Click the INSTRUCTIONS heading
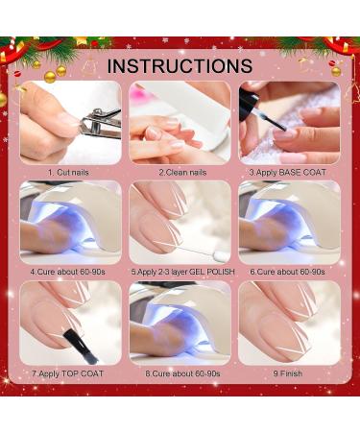(x=180, y=65)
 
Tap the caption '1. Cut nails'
(x=68, y=172)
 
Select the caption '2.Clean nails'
(x=182, y=172)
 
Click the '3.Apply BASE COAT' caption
(x=287, y=172)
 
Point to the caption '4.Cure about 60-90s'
(x=68, y=272)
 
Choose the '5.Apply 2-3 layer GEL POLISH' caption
(x=182, y=272)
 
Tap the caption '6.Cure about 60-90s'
(x=287, y=272)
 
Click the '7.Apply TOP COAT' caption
(x=67, y=373)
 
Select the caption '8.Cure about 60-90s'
(x=182, y=373)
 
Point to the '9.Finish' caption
(x=287, y=373)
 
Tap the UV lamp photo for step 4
(x=70, y=223)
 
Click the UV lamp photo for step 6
(x=290, y=223)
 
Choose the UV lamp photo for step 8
(x=180, y=323)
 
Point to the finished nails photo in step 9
(x=290, y=323)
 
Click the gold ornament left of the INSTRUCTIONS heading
(x=50, y=77)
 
